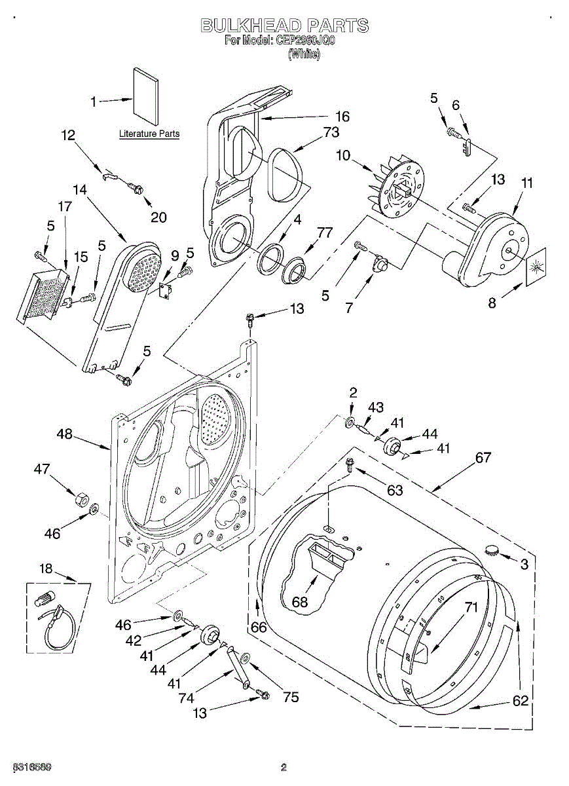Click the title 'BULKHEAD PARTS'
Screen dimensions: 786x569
(284, 26)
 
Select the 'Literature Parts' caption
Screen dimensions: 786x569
(149, 134)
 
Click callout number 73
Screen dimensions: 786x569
(331, 132)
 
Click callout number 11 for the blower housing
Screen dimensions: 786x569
(526, 184)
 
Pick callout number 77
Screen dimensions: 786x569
(325, 232)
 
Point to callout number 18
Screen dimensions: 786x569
(45, 569)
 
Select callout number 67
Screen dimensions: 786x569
(483, 458)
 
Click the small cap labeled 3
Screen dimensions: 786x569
(490, 550)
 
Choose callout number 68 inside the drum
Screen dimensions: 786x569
(300, 602)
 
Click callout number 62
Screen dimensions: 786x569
(520, 701)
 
